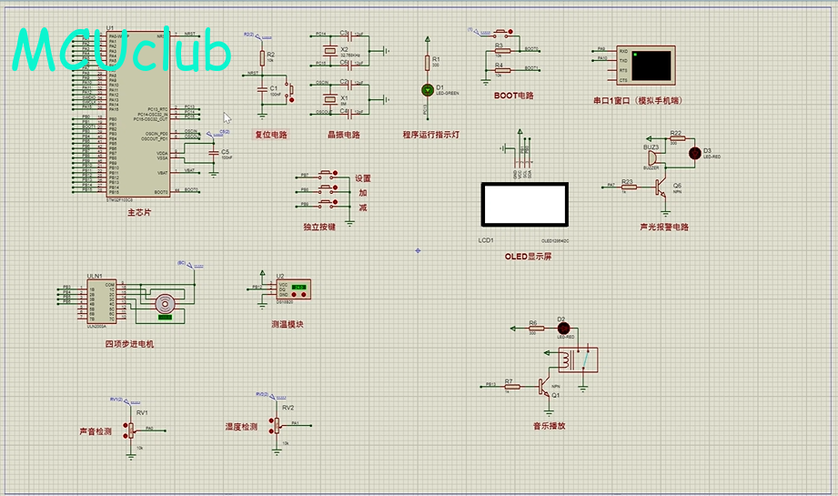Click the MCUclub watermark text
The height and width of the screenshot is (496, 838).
pos(122,51)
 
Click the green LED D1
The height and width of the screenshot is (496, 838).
pos(428,89)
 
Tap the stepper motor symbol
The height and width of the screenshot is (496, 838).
pos(165,303)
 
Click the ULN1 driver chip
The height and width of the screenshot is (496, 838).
pos(96,302)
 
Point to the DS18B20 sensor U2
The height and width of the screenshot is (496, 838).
pos(295,290)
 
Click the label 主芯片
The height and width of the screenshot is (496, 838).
pos(138,212)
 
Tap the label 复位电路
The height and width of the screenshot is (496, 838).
pos(270,135)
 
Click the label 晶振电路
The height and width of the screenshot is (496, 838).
pos(344,135)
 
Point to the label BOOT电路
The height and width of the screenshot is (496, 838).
pos(513,95)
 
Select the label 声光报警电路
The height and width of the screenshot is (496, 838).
pos(664,227)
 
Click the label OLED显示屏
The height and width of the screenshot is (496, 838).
pos(528,257)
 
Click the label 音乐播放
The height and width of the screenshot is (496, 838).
pos(549,425)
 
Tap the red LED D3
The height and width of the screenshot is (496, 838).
pos(694,152)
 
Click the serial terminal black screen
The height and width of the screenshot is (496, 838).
pos(652,64)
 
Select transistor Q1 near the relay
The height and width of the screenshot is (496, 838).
pos(547,386)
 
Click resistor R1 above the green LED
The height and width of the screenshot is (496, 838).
pos(428,62)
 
